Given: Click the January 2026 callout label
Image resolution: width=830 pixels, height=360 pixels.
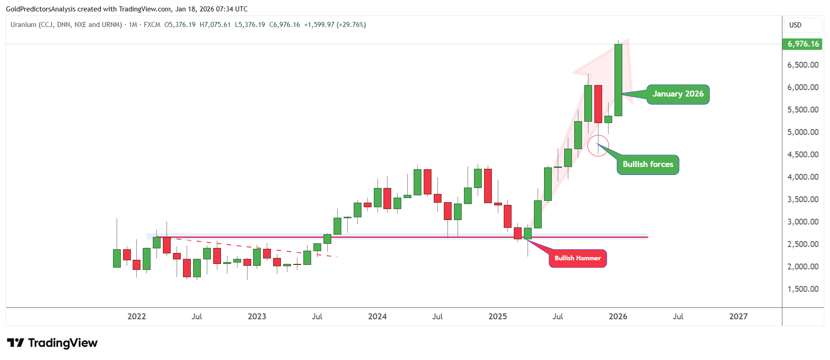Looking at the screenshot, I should (x=678, y=94).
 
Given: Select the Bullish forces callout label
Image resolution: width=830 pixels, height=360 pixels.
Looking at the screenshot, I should (x=647, y=165).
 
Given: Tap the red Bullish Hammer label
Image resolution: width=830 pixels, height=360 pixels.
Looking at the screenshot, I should (x=577, y=258).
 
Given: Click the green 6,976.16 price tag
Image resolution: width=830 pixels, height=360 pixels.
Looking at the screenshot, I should (x=803, y=44).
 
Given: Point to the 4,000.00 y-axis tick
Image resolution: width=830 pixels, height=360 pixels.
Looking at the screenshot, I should (x=803, y=177).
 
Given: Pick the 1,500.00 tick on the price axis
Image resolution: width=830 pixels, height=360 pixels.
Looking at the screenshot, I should (x=803, y=289).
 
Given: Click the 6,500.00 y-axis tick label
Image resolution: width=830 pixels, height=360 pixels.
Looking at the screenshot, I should (x=803, y=65).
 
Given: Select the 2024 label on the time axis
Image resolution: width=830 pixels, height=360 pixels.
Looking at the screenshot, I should (x=377, y=317).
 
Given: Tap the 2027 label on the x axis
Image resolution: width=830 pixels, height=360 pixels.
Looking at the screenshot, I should (x=738, y=317).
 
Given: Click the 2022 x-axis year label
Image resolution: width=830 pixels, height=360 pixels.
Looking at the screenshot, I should (x=136, y=317).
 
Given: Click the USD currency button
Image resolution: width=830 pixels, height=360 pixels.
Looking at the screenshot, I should (x=795, y=25).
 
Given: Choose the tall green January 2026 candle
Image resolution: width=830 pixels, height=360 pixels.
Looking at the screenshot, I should (x=618, y=80).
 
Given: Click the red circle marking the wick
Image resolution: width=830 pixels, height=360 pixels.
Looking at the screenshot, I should (x=598, y=145).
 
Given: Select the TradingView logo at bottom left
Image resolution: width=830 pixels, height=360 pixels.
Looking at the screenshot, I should (x=52, y=343).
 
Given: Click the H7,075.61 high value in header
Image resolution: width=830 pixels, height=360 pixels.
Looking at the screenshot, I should (x=215, y=25).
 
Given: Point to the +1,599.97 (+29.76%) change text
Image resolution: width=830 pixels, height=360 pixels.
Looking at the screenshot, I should (x=335, y=25).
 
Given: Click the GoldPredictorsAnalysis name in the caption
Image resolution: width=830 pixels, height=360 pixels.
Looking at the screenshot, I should (x=41, y=9).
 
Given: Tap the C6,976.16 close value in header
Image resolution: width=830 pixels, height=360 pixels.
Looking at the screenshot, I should (x=285, y=25).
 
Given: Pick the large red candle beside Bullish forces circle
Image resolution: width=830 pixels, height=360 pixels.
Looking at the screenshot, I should (x=598, y=104).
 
